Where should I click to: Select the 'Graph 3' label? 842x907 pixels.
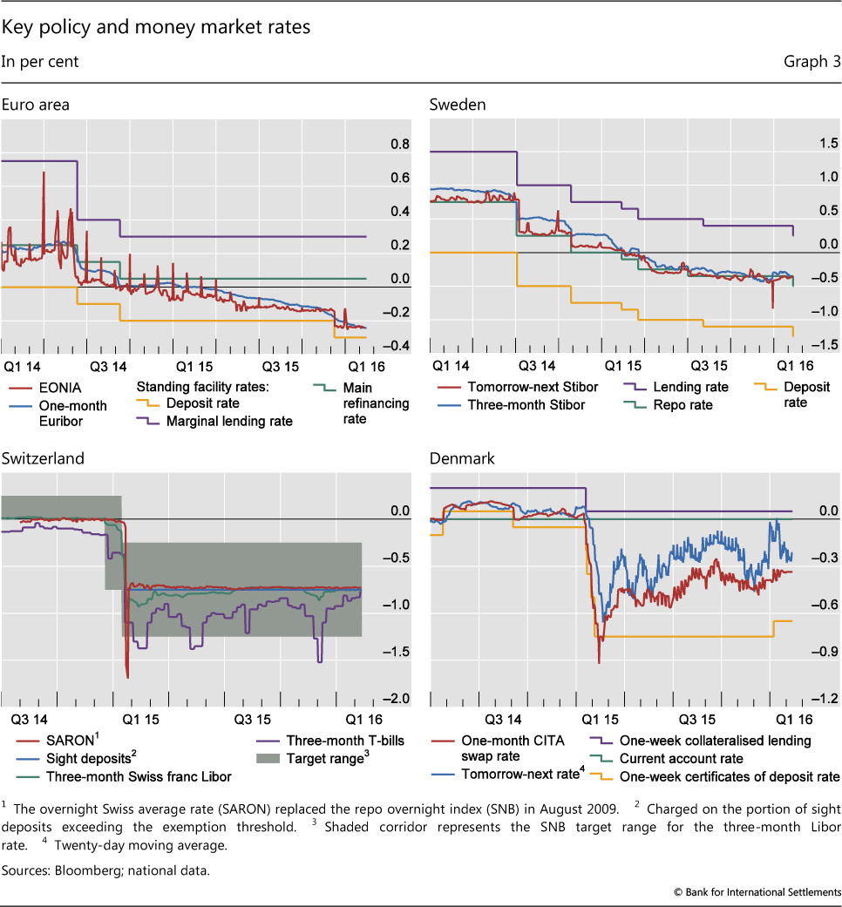812,61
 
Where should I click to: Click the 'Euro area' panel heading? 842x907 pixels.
36,105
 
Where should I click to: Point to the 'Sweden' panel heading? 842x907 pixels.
458,105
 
